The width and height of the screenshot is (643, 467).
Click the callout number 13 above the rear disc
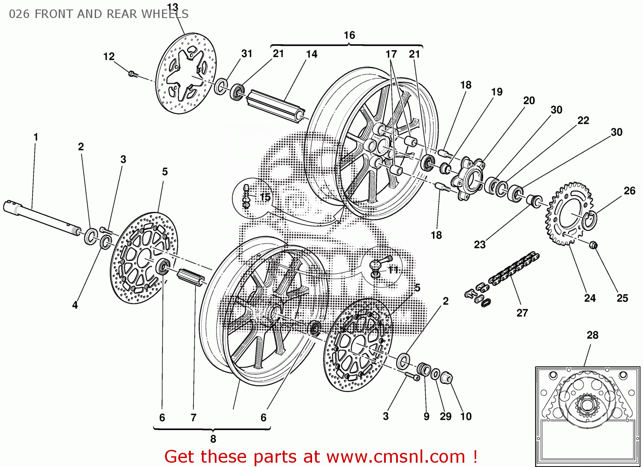coord(172,7)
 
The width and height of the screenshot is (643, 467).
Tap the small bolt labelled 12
coord(132,74)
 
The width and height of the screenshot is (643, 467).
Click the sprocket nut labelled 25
coord(593,245)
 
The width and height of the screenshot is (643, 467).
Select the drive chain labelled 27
coord(514,268)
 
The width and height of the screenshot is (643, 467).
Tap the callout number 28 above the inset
coord(592,335)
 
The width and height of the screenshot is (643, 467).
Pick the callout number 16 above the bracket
coord(349,35)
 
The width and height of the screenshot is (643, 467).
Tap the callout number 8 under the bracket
coord(213,439)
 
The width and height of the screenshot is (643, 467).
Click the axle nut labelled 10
coord(446,377)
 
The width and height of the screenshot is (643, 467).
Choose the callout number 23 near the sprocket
coord(480,244)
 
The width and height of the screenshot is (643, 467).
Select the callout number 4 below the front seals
coord(75,305)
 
